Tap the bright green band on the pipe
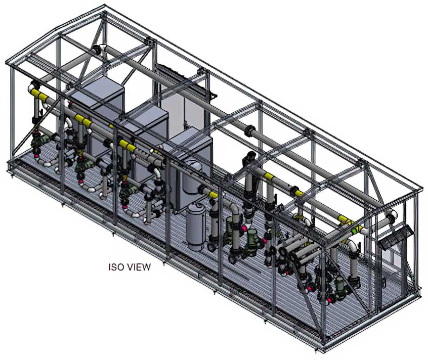pos(355,231)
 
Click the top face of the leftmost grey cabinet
pos(97,89)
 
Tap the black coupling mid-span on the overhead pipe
pos(250,130)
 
